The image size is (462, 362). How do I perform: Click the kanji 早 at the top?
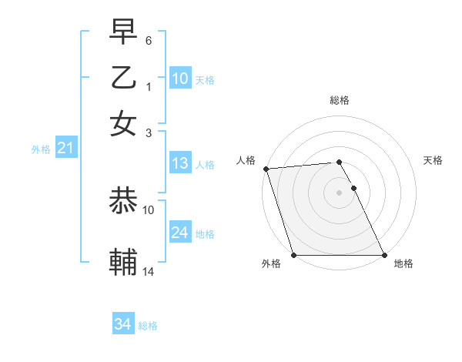point(123,32)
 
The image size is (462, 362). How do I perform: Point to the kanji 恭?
point(123,202)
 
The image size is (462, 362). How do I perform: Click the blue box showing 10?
point(179,79)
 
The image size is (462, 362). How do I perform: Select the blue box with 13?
point(179,163)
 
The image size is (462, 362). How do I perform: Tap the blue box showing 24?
point(179,233)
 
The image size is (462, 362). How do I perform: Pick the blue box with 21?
point(65,149)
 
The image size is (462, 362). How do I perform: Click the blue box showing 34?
point(122,324)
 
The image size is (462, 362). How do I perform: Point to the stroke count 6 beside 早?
point(149,39)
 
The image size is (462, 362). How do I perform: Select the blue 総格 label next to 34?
point(148,326)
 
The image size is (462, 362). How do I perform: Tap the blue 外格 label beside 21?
point(41,149)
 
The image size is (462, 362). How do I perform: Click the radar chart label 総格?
point(340,100)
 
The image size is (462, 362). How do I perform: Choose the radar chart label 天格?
point(433,160)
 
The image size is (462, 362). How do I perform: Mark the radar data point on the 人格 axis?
point(266,169)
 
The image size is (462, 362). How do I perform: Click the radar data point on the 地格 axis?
point(383,255)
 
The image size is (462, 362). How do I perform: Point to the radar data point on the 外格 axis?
point(293,255)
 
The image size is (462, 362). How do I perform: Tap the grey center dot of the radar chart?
point(339,193)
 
